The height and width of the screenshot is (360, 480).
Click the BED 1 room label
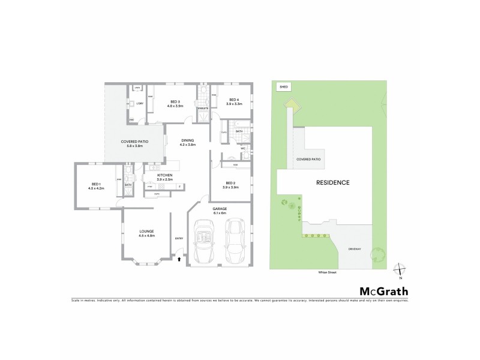tap(95, 184)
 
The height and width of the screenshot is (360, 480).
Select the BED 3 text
tap(175, 101)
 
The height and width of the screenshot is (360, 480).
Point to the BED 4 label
tap(233, 100)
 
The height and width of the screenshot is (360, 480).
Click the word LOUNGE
tap(147, 231)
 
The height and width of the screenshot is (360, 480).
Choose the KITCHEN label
tap(164, 175)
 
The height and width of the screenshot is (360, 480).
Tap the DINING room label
tap(188, 140)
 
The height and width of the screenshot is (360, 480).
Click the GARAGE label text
tap(219, 208)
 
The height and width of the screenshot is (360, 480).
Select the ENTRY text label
tap(179, 239)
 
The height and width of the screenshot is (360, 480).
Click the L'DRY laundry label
tap(139, 104)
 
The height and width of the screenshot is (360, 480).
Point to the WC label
tap(244, 148)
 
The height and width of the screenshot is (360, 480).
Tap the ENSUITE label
tap(202, 108)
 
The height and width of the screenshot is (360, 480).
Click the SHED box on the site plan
tap(284, 87)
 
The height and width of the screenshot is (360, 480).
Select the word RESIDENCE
tap(333, 182)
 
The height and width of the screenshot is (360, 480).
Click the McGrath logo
tap(384, 292)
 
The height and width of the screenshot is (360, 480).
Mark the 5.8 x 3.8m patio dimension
tap(134, 145)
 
